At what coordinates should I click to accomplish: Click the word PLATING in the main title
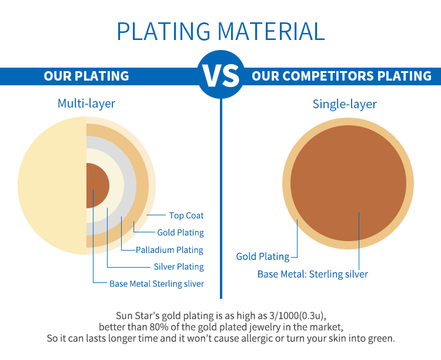163,31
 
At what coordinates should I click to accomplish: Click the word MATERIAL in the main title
272,31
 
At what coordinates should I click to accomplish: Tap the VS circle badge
220,75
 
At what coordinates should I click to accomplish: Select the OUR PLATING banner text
86,76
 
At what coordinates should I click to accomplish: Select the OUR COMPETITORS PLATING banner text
342,76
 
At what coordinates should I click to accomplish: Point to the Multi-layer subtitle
86,104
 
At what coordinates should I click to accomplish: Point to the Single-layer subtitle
345,104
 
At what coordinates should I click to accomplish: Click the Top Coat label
186,216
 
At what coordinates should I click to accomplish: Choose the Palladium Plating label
169,250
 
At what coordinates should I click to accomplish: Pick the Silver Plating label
179,266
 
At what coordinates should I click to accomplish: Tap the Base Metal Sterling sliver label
156,284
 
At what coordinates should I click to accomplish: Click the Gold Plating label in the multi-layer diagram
181,232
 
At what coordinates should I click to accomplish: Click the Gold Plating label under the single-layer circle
263,256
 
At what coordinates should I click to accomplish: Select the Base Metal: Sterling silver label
313,274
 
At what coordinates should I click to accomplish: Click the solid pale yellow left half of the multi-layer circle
52,185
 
